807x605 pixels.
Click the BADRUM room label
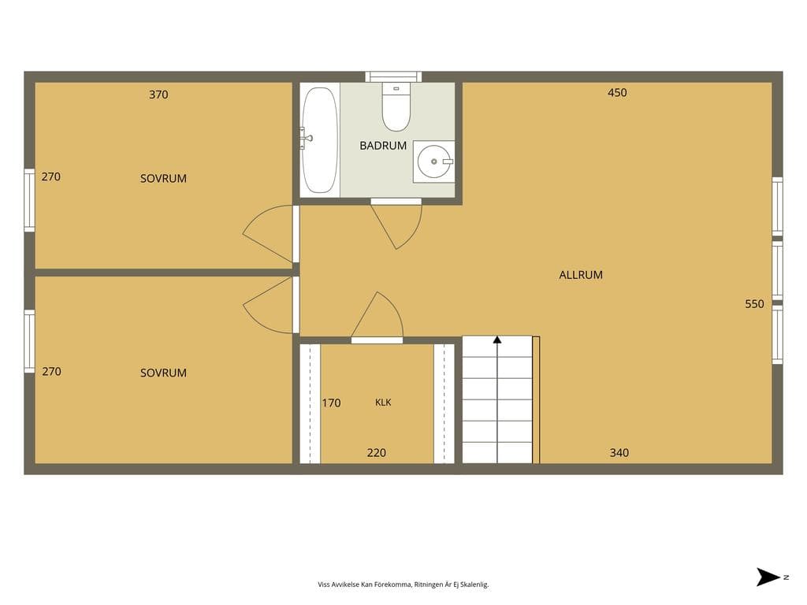click(x=383, y=146)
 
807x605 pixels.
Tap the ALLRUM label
click(x=581, y=275)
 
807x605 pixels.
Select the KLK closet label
click(x=383, y=403)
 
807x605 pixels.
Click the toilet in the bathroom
click(x=396, y=107)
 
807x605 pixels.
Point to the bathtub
click(x=319, y=140)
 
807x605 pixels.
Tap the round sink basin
click(x=434, y=161)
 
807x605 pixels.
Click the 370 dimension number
click(x=158, y=95)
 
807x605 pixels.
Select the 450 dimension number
click(x=617, y=93)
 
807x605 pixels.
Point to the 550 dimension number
click(x=754, y=304)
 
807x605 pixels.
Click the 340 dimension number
click(x=619, y=453)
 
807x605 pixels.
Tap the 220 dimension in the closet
click(x=376, y=453)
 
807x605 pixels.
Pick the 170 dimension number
click(x=332, y=403)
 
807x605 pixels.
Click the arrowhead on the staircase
click(x=497, y=340)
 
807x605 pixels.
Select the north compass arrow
click(x=768, y=577)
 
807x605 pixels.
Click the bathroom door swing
click(x=401, y=226)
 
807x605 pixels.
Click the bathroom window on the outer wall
click(x=393, y=76)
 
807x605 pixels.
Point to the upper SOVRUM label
click(x=163, y=179)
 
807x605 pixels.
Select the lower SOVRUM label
click(x=163, y=373)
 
